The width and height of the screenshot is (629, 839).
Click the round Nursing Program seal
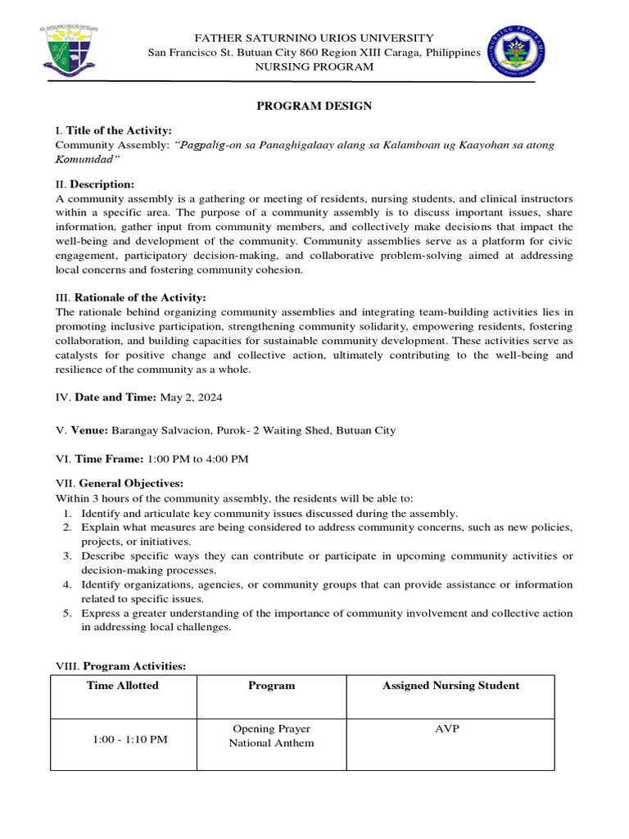click(x=516, y=52)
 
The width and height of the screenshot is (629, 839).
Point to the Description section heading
click(x=102, y=184)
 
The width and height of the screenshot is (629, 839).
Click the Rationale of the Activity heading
click(x=140, y=297)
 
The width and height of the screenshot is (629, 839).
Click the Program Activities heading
click(x=134, y=666)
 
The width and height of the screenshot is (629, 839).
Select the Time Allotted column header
click(x=123, y=686)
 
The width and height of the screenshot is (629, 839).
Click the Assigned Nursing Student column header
click(x=450, y=686)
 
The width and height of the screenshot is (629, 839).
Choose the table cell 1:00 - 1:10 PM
click(x=129, y=739)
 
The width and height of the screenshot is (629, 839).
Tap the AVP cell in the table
click(x=447, y=729)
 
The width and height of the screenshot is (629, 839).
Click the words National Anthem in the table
click(x=271, y=743)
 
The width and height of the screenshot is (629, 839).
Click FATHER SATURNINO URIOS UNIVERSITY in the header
click(x=314, y=39)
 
